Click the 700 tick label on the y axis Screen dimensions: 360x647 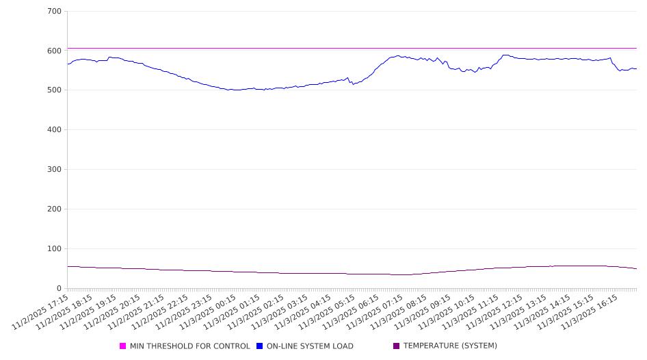tap(55, 12)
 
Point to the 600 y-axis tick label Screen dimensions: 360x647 tap(55, 51)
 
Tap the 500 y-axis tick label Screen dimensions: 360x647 tap(55, 90)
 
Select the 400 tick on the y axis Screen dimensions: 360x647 tap(55, 130)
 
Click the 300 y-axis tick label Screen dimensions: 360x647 tap(55, 170)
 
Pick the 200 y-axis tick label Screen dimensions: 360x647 tap(55, 209)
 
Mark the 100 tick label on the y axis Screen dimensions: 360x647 tap(55, 249)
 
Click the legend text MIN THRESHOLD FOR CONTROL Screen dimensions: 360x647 tap(189, 346)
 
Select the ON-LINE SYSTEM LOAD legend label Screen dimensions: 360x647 tap(310, 346)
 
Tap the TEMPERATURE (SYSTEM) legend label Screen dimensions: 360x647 tap(450, 346)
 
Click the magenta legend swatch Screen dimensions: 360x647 tap(123, 346)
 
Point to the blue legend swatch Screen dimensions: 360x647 tap(260, 346)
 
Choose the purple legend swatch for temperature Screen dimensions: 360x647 tap(397, 346)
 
